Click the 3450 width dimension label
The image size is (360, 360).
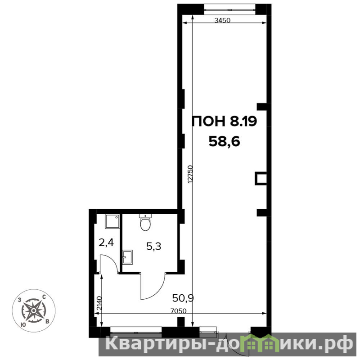[x=222, y=20]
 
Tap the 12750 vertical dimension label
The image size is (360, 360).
[x=190, y=174]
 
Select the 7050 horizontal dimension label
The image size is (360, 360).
[x=179, y=310]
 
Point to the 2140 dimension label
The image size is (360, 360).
[x=99, y=303]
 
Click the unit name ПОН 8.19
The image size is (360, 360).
[x=224, y=121]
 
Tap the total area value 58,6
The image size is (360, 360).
[x=224, y=141]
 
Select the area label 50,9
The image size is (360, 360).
[x=183, y=298]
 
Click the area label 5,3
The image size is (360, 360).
[x=153, y=246]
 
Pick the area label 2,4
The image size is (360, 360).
[x=106, y=243]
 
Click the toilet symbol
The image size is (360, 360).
[x=145, y=222]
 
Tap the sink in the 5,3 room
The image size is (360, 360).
[x=127, y=257]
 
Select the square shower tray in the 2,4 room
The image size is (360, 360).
[x=112, y=221]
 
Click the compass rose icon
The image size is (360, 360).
[x=33, y=310]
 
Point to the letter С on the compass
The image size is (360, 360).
[x=44, y=297]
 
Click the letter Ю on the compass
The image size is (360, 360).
[x=23, y=324]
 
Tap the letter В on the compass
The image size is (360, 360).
[x=47, y=321]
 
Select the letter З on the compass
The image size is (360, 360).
[x=20, y=300]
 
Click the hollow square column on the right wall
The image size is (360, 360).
[x=261, y=178]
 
